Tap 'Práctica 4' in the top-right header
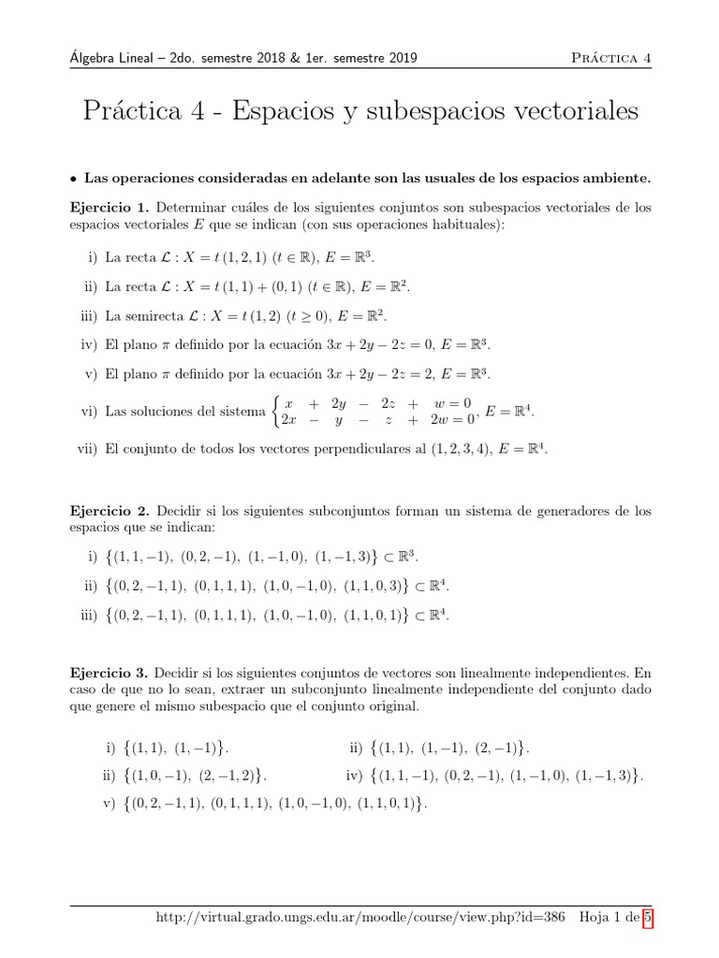(x=610, y=58)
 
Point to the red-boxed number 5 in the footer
(x=646, y=920)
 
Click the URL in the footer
(x=360, y=920)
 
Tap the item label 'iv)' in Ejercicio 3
(x=353, y=776)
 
